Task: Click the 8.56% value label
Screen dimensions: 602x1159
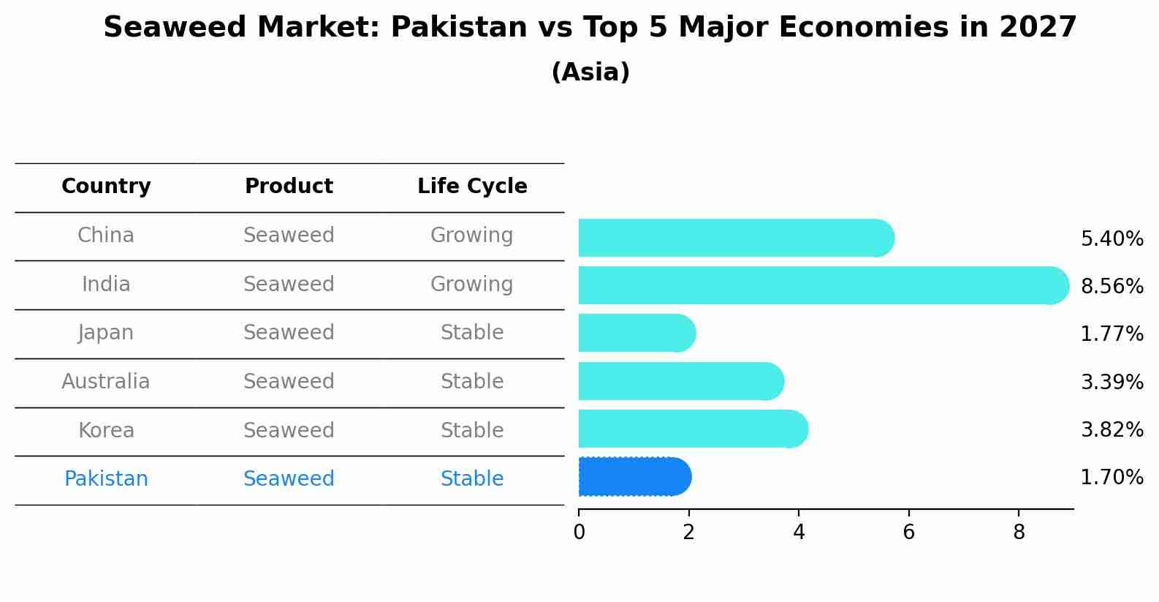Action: tap(1111, 286)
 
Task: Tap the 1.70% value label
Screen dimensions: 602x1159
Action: tap(1111, 478)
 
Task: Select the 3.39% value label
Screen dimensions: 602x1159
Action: tap(1111, 382)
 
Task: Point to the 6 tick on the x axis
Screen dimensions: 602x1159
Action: tap(908, 533)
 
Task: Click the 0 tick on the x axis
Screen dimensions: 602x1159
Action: tap(579, 533)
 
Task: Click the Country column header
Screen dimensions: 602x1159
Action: tap(106, 187)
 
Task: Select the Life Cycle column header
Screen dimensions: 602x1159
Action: tap(472, 187)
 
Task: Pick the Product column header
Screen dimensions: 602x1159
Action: tap(289, 187)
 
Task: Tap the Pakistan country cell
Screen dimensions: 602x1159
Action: tap(106, 479)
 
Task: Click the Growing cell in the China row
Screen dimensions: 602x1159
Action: tap(471, 236)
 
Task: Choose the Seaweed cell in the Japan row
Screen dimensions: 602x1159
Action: tap(289, 333)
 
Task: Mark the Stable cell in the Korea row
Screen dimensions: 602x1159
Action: tap(471, 430)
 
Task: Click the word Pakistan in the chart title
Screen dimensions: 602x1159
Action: tap(459, 28)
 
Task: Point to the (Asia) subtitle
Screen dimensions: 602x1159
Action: tap(590, 72)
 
